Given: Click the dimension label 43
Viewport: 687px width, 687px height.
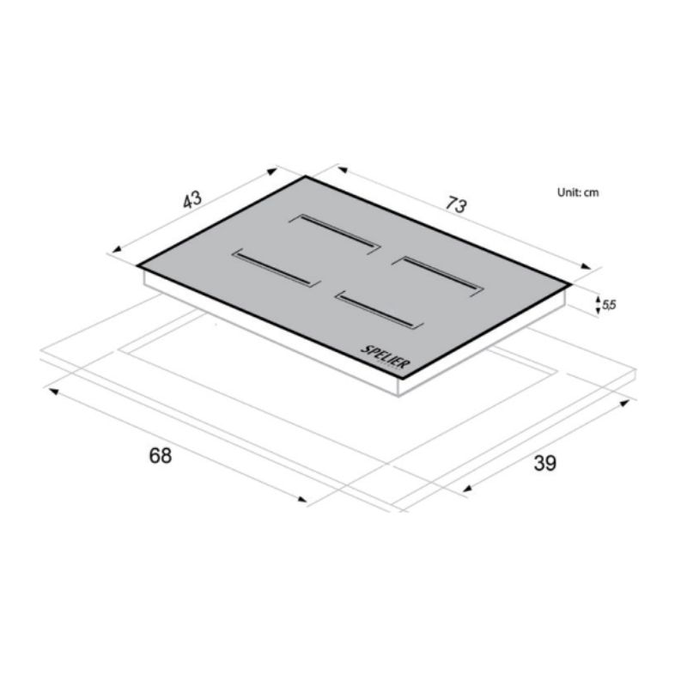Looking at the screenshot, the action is pos(192,199).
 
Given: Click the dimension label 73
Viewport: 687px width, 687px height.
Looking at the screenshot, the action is pos(457,204).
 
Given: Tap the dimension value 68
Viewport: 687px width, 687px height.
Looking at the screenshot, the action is pos(161,456).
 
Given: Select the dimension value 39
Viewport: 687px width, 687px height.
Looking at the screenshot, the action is pos(545,463).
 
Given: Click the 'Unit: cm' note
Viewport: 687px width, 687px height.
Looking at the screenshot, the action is pos(578,192).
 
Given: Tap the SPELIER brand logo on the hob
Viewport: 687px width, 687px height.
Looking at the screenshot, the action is pos(386,357).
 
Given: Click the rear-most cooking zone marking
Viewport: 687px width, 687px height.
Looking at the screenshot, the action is pos(335,234).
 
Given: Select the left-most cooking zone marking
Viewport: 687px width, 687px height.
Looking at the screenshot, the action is pos(277,268).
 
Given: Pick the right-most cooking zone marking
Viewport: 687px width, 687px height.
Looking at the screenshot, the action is pos(438,277).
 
